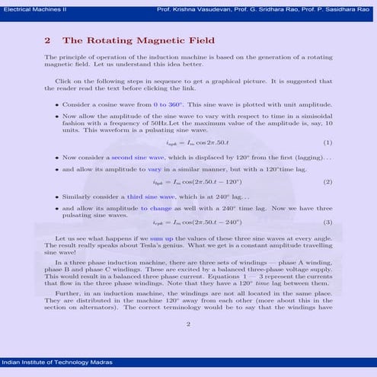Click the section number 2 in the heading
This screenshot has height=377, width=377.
[47, 40]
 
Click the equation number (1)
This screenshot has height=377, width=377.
[328, 142]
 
